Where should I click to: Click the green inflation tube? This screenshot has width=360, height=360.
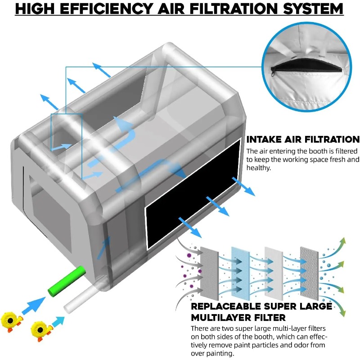click(67, 281)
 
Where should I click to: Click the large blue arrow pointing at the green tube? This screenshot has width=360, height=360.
click(34, 306)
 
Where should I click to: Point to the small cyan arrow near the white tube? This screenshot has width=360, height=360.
click(58, 321)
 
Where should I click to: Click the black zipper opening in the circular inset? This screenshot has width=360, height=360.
click(306, 66)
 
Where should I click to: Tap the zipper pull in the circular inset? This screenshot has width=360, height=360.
click(273, 72)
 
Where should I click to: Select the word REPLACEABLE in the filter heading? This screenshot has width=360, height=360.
click(226, 306)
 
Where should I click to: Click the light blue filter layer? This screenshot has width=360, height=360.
click(240, 273)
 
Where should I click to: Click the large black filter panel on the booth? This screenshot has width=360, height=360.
click(193, 194)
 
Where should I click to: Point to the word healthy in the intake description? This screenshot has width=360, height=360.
click(259, 168)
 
